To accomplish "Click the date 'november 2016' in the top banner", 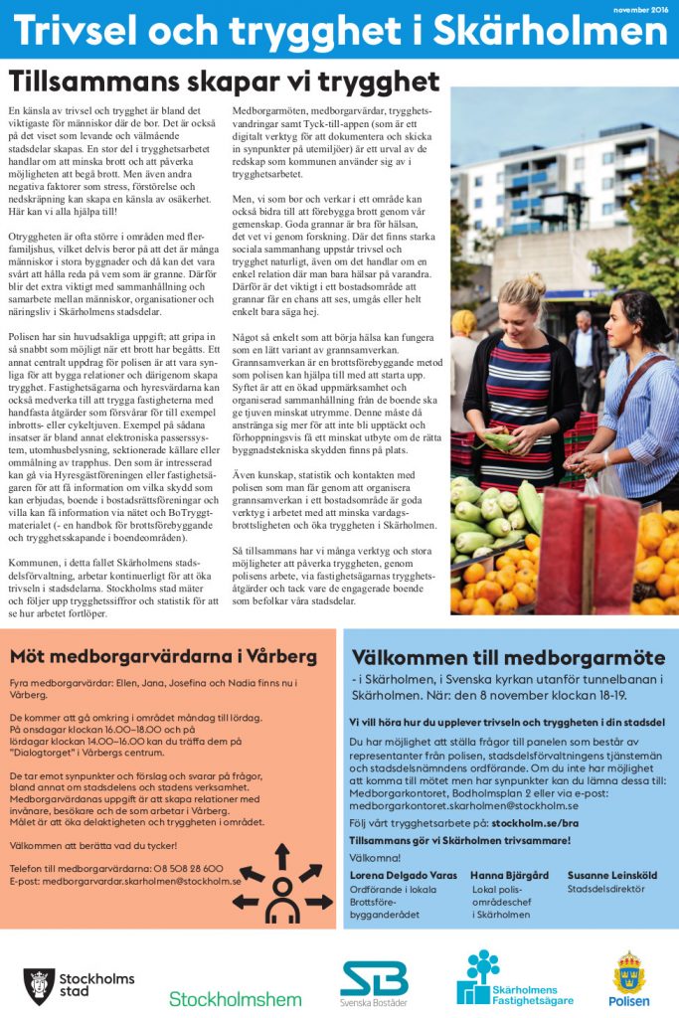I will click(x=639, y=8).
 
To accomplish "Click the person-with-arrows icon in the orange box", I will click(x=281, y=886).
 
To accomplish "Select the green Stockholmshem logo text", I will click(x=235, y=997).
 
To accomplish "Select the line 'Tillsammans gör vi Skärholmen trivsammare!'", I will click(x=459, y=840).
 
